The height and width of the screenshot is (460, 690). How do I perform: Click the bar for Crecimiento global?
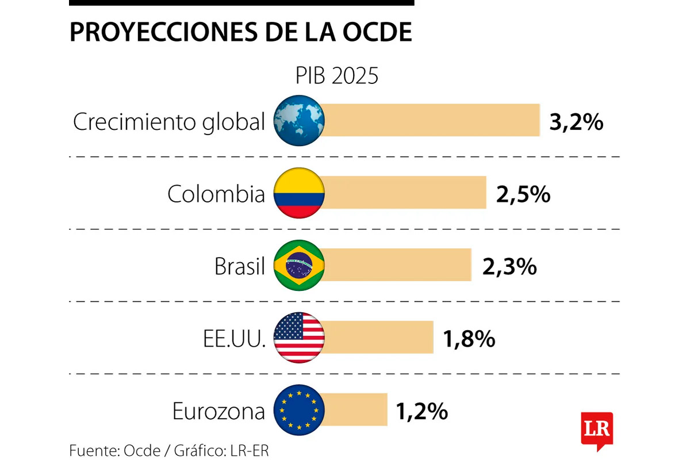pyautogui.click(x=431, y=120)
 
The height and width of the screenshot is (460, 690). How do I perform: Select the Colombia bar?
pyautogui.click(x=405, y=193)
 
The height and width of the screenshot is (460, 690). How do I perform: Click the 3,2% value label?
pyautogui.click(x=576, y=122)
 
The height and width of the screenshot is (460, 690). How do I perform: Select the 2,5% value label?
pyautogui.click(x=523, y=195)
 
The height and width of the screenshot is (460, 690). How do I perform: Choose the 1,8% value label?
pyautogui.click(x=469, y=339)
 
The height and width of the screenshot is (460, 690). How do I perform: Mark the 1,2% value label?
pyautogui.click(x=421, y=412)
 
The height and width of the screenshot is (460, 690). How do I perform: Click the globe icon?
pyautogui.click(x=299, y=120)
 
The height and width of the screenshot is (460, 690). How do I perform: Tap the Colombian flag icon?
pyautogui.click(x=299, y=193)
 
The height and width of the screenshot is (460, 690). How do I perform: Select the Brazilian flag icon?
pyautogui.click(x=299, y=265)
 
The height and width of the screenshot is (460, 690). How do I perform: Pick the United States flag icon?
pyautogui.click(x=299, y=338)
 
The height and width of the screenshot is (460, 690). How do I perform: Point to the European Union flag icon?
pyautogui.click(x=299, y=410)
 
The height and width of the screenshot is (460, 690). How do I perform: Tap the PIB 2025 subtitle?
pyautogui.click(x=337, y=76)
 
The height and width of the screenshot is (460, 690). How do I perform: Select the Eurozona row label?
pyautogui.click(x=219, y=412)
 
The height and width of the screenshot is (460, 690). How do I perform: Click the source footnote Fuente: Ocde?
pyautogui.click(x=114, y=450)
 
